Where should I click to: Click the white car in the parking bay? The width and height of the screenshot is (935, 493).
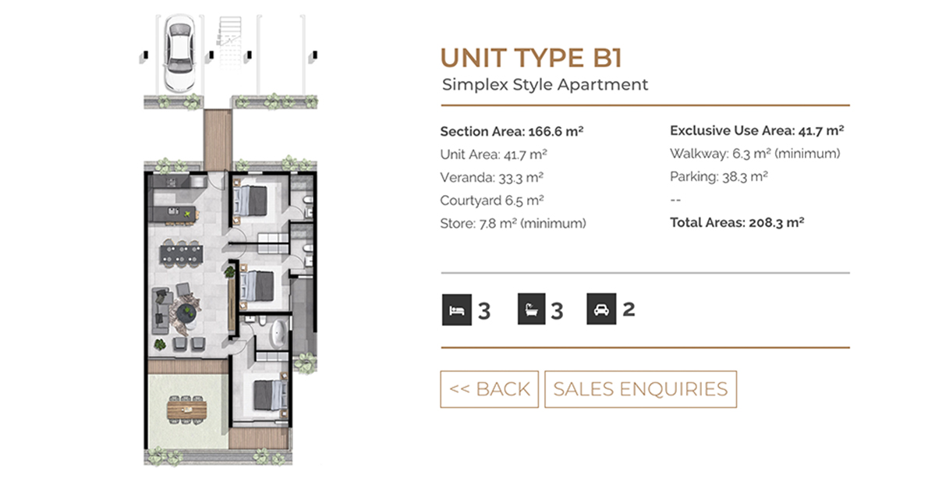(179, 54)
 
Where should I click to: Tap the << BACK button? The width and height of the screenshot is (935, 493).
(490, 389)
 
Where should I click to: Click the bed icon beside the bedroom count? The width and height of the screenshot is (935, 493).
(457, 310)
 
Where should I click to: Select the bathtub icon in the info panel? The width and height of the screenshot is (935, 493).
(531, 310)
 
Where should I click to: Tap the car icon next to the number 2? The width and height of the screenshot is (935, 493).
(601, 310)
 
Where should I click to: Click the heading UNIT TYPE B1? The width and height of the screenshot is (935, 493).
(531, 59)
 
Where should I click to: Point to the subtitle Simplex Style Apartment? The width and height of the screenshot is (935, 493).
(545, 85)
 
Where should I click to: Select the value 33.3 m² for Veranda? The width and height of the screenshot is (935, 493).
(521, 178)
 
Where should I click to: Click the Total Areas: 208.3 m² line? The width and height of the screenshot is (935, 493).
(737, 223)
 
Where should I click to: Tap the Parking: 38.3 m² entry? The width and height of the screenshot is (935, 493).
(718, 177)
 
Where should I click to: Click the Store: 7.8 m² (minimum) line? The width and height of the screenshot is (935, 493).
(513, 224)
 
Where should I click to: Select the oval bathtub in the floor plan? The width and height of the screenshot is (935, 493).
(278, 335)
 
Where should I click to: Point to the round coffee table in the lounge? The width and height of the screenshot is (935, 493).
(188, 313)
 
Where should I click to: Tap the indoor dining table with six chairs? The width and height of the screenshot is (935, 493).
(181, 254)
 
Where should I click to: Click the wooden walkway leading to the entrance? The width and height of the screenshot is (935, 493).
(217, 140)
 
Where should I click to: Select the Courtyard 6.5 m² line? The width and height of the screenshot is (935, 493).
(492, 201)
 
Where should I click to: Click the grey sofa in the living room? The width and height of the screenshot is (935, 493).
(160, 310)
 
